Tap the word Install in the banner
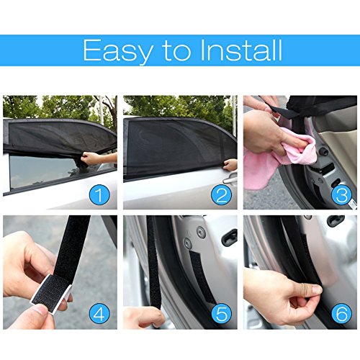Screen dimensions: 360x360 240,50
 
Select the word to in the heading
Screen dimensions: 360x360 176,51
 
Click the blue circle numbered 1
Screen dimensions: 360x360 99,194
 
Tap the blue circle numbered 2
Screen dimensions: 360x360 222,194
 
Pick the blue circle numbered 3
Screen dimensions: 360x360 342,194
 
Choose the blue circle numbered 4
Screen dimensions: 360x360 99,313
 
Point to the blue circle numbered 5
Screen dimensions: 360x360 222,313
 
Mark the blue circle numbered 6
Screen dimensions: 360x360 342,313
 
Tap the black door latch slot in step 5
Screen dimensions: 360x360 230,237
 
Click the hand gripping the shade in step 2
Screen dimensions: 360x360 230,165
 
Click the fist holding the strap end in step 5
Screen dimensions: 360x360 143,318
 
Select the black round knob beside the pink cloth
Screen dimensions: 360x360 323,152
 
